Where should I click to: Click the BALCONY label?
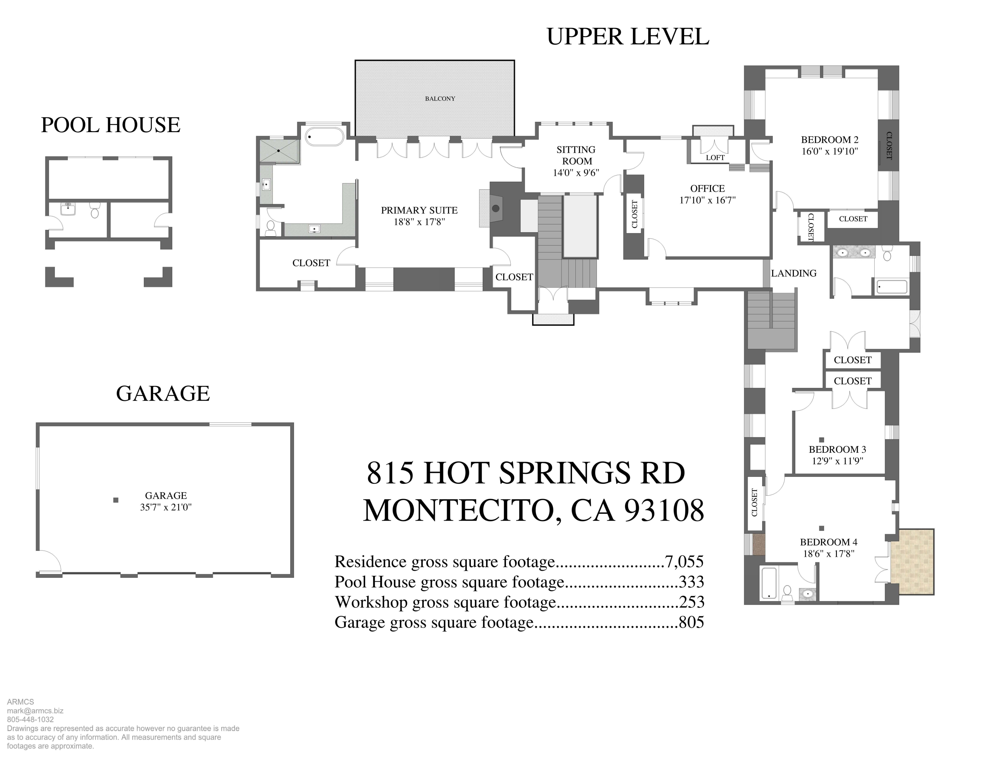coord(440,98)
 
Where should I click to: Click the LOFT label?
coord(715,158)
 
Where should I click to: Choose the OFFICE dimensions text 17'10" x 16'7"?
coord(707,200)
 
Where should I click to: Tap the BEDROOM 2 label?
coord(829,140)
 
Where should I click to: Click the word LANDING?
coord(794,273)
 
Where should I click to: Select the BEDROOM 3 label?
coord(837,449)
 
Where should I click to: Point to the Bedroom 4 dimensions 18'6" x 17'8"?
coord(828,554)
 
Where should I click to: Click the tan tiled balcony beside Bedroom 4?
coord(912,562)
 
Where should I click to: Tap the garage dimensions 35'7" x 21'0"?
coord(166,507)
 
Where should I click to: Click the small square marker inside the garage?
coord(116,500)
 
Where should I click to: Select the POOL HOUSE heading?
coord(110,125)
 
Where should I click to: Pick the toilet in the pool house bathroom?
coord(95,211)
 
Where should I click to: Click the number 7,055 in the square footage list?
coord(684,562)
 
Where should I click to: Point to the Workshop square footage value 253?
coord(691,602)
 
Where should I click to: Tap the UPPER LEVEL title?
coord(627,37)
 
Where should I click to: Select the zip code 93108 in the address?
coord(664,511)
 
